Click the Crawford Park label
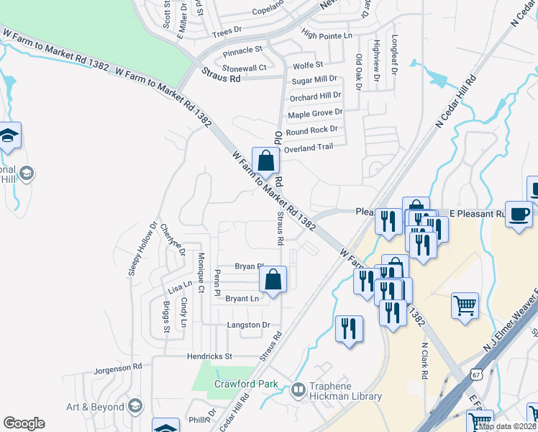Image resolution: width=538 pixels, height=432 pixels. tap(246, 384)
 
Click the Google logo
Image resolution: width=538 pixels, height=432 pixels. tap(24, 423)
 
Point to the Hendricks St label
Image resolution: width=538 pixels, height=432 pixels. tap(209, 356)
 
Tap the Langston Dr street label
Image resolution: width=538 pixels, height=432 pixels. tap(248, 325)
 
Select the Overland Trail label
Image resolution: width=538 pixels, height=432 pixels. tap(309, 148)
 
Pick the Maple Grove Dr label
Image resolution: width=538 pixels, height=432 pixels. tap(315, 114)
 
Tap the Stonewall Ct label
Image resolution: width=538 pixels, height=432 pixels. tap(245, 68)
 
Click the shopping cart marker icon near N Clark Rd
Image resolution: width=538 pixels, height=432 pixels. tap(465, 305)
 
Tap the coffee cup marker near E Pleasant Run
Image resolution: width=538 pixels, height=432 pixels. tap(519, 213)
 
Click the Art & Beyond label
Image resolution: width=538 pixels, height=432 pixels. tap(95, 407)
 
